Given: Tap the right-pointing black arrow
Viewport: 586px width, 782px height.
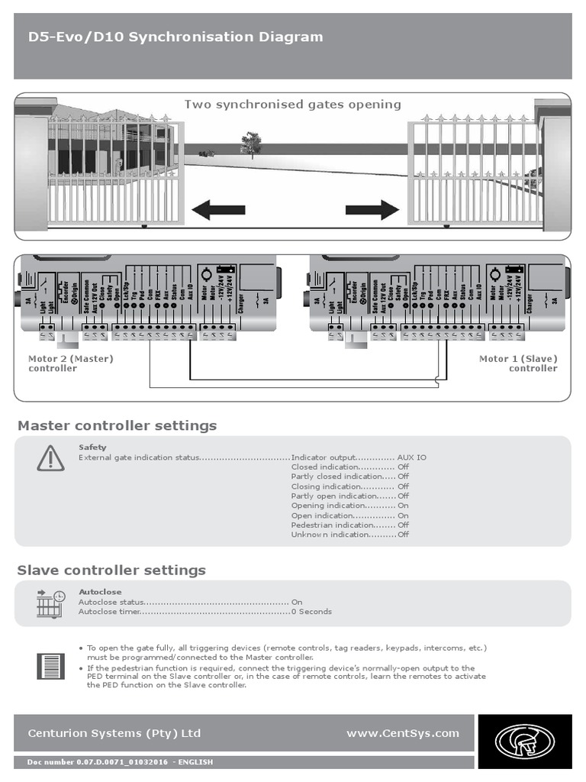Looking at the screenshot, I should (372, 210).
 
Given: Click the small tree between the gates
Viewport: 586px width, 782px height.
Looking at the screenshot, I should (250, 144).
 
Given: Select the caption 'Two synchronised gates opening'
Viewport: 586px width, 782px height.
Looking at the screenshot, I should (292, 105).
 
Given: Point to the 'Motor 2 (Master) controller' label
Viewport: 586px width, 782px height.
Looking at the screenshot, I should (70, 364).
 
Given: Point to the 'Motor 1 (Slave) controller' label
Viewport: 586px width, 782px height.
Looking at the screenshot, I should (519, 364).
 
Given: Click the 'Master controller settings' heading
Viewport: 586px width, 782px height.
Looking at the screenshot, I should (117, 425).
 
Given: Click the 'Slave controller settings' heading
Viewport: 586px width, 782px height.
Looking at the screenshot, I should (111, 570).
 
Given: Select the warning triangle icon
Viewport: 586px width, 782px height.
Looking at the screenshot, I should (50, 458).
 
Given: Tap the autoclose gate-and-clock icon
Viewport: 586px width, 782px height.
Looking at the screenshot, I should (50, 603).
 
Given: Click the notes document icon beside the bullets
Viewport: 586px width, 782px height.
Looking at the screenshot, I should (50, 665).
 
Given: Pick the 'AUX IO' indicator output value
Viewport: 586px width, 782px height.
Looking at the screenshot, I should (412, 457).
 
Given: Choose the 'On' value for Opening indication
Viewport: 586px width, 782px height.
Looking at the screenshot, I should (403, 506).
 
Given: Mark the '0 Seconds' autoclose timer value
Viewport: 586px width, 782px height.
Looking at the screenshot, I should (312, 612).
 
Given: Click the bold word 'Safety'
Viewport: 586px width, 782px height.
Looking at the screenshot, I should (92, 448).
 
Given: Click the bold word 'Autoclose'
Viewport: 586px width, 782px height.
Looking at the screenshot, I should (100, 592).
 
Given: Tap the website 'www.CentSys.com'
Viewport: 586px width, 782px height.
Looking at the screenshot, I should (403, 733).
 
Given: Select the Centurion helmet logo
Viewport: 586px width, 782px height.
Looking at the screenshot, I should (525, 741).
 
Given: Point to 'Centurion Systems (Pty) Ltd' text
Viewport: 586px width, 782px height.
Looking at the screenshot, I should (114, 733).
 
